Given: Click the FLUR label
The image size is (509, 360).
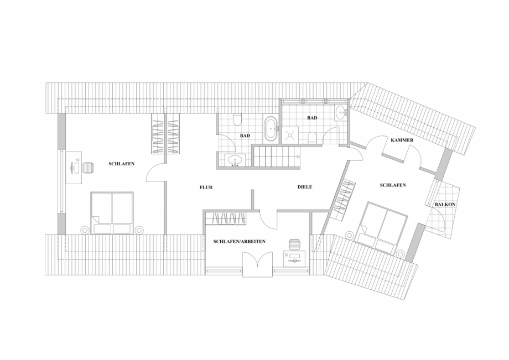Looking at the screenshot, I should tap(206, 187).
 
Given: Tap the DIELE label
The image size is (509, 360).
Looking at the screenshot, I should tap(305, 187).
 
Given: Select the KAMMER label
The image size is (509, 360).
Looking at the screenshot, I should tap(402, 140).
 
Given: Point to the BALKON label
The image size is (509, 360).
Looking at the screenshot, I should tap(445, 204).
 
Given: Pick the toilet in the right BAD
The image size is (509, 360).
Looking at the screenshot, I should tap(313, 137).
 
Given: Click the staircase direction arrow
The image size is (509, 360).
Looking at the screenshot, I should tap(297, 157).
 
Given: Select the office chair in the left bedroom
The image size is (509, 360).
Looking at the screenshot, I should tap(89, 167).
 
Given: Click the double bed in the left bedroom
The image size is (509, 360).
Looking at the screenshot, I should tap(113, 213).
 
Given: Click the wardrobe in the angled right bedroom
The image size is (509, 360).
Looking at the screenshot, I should tap(344, 199).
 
